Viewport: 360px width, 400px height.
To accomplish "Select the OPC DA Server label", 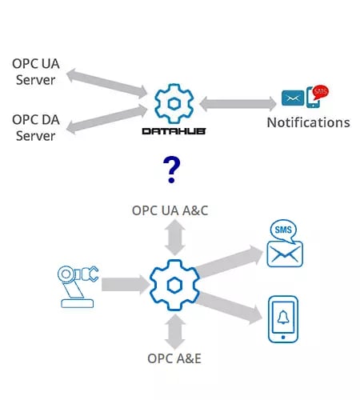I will coord(34,127).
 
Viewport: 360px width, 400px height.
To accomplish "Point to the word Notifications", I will coord(308,122).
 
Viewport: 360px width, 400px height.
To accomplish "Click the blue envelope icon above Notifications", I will coord(290,100).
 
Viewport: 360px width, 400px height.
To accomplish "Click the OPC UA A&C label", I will coord(175,210).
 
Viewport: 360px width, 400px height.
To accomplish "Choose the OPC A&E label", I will coord(175,358).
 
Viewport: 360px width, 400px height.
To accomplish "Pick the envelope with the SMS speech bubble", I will coord(286,243).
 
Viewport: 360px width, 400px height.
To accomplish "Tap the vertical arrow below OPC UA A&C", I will coord(175,238).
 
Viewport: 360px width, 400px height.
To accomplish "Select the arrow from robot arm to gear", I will coord(125,284).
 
